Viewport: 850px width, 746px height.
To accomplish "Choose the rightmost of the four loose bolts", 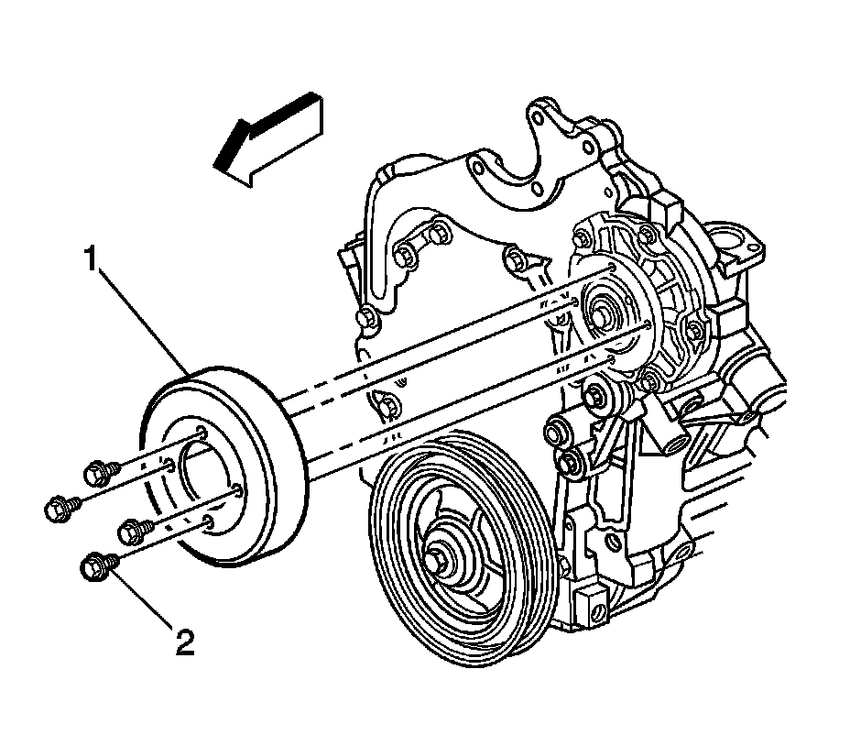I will [136, 529].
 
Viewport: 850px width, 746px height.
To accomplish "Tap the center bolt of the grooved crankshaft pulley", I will [444, 557].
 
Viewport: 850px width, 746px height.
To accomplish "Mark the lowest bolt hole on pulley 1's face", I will [209, 522].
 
